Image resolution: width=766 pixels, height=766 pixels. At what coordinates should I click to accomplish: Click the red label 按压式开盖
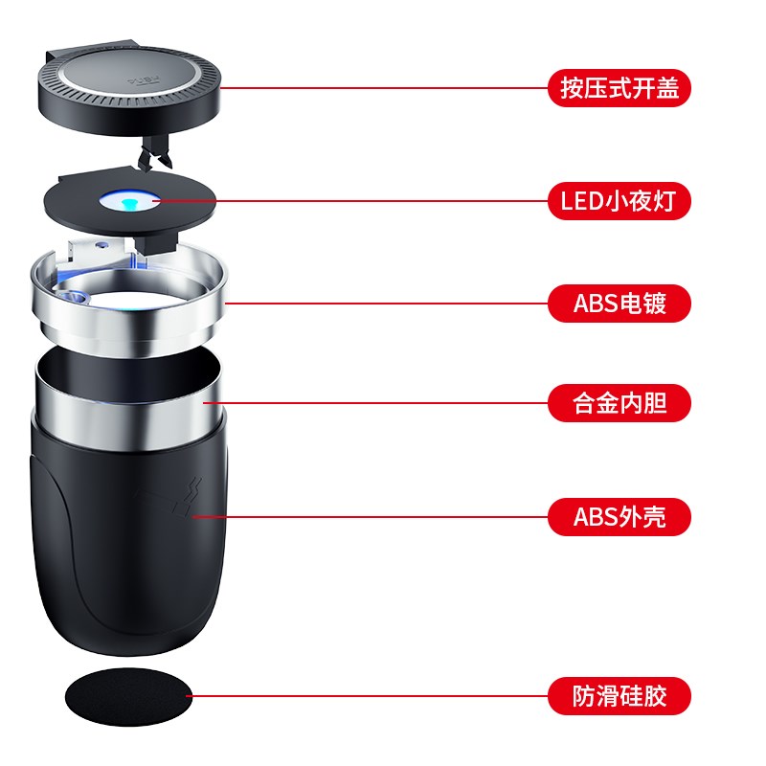[x=619, y=89]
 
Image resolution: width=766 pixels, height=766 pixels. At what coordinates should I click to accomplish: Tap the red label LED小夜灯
[x=619, y=202]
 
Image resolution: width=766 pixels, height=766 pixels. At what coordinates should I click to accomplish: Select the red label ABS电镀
[x=619, y=304]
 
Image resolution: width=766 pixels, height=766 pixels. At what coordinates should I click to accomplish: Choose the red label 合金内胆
[x=619, y=403]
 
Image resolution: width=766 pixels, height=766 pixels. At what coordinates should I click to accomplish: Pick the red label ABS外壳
[x=619, y=518]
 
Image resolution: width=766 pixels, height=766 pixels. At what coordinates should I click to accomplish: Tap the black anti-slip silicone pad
[x=127, y=696]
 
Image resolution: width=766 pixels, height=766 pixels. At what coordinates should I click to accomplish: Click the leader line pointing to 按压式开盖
[x=383, y=89]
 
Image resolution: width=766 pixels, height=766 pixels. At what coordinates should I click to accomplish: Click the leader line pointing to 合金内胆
[x=383, y=403]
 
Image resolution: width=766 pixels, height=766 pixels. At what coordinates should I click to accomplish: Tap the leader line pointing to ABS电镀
[x=383, y=304]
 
